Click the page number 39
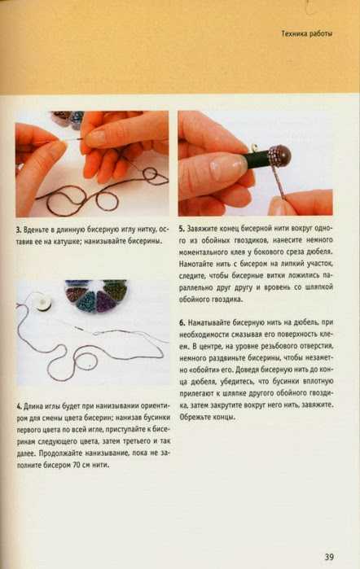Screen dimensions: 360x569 (329, 557)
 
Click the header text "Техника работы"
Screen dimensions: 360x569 (307, 33)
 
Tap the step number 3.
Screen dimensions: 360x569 (18, 230)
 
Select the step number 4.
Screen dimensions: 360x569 (19, 406)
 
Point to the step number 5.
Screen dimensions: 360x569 (182, 229)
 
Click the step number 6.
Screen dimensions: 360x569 (182, 322)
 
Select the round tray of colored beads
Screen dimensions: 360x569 (96, 295)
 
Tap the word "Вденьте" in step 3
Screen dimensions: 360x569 (35, 230)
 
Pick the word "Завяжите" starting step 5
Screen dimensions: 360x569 (202, 229)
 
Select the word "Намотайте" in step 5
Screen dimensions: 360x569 (195, 264)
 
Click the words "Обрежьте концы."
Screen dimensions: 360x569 (208, 418)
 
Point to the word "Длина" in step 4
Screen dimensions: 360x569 (33, 406)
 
